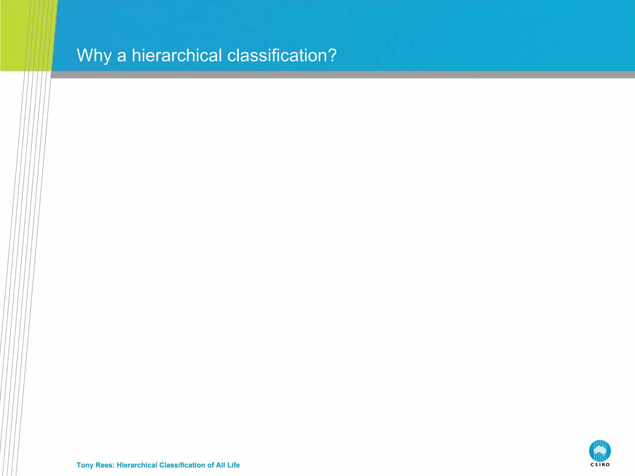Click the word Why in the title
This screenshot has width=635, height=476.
(94, 56)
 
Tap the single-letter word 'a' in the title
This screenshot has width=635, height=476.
(122, 56)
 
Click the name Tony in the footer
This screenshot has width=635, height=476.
(85, 465)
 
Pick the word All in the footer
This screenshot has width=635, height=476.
(220, 465)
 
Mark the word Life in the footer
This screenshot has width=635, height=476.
(233, 465)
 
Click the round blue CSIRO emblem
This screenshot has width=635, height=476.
(600, 451)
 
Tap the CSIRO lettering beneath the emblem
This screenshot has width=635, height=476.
(600, 465)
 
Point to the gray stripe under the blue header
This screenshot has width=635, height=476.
(341, 75)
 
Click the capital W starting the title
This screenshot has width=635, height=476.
(84, 55)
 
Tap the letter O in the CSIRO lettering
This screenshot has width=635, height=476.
(608, 465)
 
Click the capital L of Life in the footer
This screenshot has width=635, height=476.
(229, 465)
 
